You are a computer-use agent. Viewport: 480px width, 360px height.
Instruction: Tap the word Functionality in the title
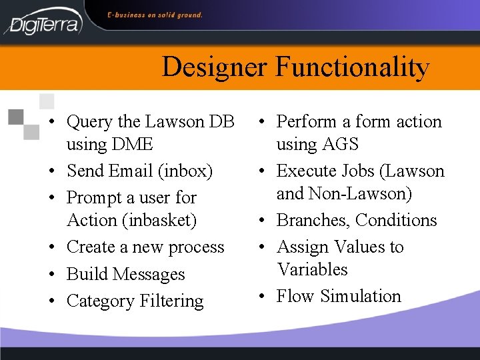point(352,67)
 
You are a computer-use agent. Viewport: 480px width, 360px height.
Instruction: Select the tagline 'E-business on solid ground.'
point(155,15)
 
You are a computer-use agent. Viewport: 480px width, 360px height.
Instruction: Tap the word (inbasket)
point(165,220)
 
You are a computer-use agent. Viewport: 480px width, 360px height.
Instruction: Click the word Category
point(101,301)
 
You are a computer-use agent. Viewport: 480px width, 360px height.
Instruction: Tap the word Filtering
point(171,301)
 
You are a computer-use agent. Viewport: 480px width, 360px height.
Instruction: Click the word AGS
point(339,144)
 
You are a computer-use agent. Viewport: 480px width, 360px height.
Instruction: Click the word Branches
point(313,220)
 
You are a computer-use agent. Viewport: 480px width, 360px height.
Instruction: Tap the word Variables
point(313,269)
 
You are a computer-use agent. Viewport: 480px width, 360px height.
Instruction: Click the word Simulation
point(361,296)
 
